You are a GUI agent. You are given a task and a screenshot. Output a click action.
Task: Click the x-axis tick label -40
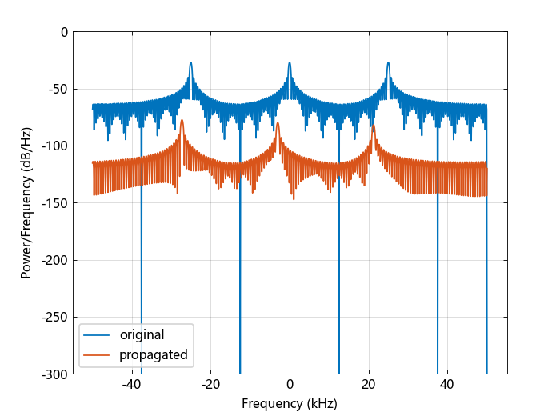(132, 384)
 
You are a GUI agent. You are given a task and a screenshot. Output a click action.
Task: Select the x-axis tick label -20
(210, 384)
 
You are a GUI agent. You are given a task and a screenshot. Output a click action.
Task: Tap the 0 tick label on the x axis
(290, 384)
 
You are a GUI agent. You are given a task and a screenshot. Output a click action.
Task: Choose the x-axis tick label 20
(368, 384)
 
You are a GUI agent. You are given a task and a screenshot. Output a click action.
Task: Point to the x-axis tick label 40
(447, 384)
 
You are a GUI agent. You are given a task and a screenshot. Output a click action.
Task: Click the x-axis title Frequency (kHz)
(290, 403)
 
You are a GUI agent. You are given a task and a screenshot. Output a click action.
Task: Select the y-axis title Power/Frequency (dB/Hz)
(26, 203)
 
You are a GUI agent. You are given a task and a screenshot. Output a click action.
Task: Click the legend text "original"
(142, 335)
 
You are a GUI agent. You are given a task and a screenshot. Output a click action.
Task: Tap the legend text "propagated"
(153, 354)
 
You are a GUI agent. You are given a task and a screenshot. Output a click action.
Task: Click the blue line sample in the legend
(98, 335)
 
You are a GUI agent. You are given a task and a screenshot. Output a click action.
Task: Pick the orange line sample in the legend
(98, 354)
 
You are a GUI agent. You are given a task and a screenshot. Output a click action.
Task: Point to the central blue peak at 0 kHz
(290, 63)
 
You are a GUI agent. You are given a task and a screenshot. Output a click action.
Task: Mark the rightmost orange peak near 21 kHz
(373, 126)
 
